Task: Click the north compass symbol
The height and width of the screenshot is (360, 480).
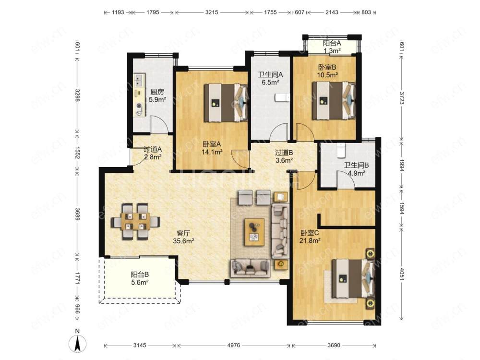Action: click(x=78, y=342)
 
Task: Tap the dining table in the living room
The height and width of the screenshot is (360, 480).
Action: click(x=135, y=221)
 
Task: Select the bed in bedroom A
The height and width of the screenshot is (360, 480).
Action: click(x=226, y=103)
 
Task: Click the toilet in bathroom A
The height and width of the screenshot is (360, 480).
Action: click(x=282, y=97)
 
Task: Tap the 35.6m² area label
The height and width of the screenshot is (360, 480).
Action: click(x=184, y=241)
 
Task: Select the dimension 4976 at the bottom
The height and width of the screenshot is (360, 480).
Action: click(x=234, y=345)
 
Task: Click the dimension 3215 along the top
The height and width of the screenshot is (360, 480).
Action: click(x=212, y=12)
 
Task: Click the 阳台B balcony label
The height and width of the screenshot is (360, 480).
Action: click(x=140, y=275)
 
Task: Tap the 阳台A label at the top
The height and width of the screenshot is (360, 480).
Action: click(x=332, y=44)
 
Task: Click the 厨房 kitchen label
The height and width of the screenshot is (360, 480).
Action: click(x=157, y=92)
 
